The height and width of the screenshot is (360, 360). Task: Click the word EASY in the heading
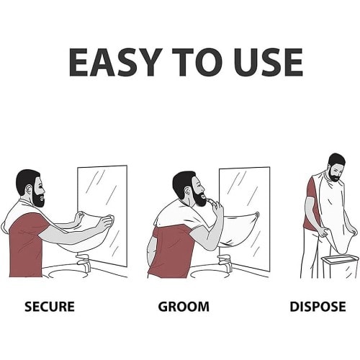(114, 62)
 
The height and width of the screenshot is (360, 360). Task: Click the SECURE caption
(50, 307)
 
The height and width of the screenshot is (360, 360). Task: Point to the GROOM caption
(184, 307)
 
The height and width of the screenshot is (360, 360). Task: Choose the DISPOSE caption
(318, 307)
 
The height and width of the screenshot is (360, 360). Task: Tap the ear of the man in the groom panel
(187, 191)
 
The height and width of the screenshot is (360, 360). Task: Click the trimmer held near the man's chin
(212, 202)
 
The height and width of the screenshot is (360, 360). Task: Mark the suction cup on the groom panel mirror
(257, 214)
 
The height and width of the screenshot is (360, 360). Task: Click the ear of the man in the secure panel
(30, 189)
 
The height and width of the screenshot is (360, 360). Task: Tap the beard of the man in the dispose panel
(334, 175)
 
